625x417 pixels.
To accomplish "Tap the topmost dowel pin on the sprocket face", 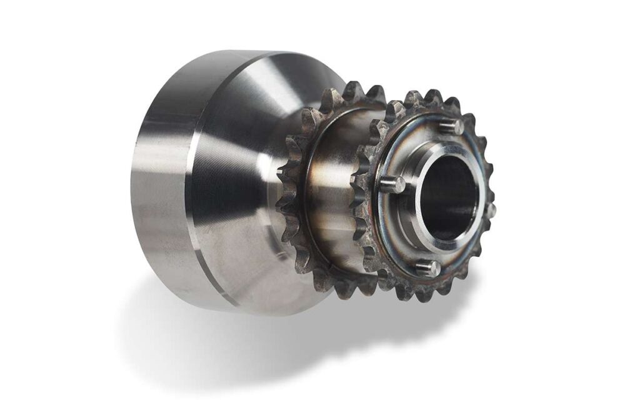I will click(452, 126).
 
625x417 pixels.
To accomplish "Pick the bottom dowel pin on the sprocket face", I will click(428, 268).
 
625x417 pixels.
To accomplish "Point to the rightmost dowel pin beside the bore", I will click(491, 210).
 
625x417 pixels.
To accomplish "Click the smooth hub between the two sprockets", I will click(334, 188).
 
